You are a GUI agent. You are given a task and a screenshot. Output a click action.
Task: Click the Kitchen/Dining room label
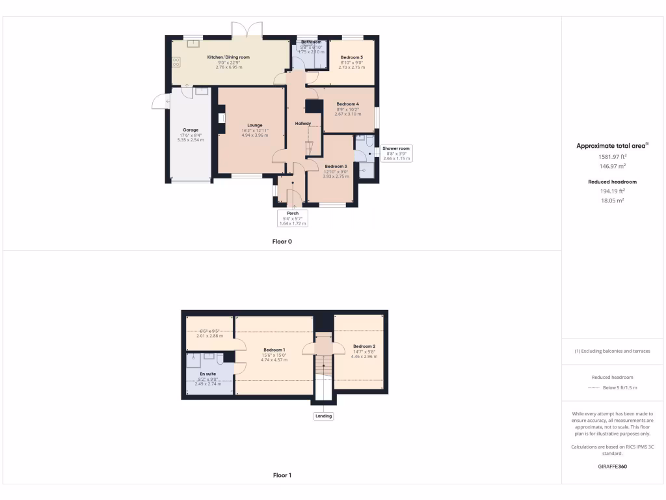pos(228,57)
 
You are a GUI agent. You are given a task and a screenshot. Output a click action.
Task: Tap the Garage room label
pos(191,130)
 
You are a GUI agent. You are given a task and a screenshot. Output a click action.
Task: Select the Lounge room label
pos(254,125)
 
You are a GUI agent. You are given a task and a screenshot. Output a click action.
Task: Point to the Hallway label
pos(303,123)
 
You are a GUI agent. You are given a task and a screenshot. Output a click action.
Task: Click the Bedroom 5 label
pos(352,57)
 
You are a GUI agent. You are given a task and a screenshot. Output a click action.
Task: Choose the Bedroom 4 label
pos(347,104)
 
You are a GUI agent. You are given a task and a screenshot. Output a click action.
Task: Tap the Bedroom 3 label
pos(336,166)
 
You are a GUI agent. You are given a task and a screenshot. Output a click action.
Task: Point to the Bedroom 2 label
pos(364,346)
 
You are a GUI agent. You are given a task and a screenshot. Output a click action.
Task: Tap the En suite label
pos(209,374)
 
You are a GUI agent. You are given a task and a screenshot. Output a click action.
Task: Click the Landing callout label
pos(323,416)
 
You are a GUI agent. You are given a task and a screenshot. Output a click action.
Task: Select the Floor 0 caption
pos(282,242)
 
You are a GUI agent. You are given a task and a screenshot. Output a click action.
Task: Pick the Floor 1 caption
pos(282,475)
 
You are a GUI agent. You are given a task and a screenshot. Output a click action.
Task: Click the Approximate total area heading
pos(610,146)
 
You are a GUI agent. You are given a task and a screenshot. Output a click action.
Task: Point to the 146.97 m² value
pos(611,166)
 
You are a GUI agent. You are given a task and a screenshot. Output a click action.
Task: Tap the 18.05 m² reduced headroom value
pos(611,201)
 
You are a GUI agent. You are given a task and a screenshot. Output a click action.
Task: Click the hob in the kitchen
pos(176,62)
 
